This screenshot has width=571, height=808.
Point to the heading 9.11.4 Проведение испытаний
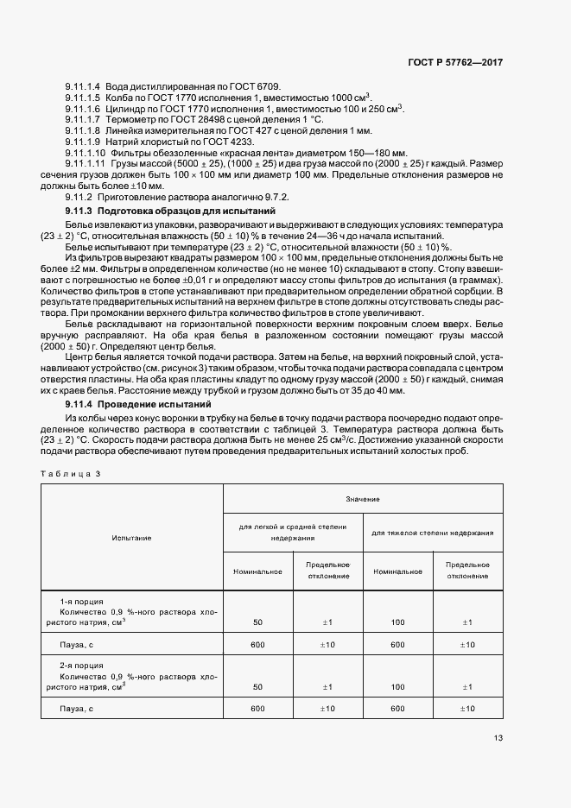tap(138, 404)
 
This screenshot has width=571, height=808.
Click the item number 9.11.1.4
tap(83, 88)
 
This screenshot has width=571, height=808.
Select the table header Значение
tap(363, 499)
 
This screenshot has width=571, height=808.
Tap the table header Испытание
tap(131, 538)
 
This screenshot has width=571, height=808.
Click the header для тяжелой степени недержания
tap(433, 533)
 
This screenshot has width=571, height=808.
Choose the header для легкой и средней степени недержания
tap(292, 533)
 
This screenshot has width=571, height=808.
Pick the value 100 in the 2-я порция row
tap(397, 687)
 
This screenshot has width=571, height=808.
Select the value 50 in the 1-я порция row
tap(257, 622)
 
